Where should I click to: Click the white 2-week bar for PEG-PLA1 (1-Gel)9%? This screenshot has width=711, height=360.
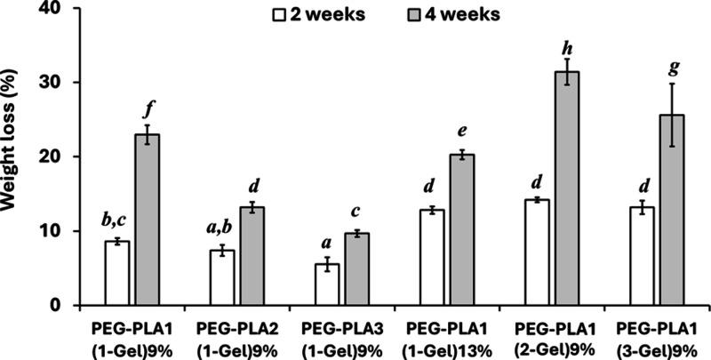pos(117,273)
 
